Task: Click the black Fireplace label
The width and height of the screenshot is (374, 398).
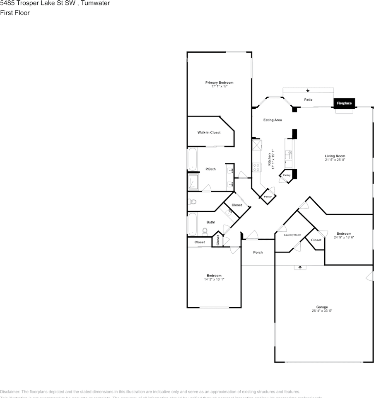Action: click(x=344, y=103)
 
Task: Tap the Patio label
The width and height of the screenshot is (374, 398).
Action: click(x=308, y=99)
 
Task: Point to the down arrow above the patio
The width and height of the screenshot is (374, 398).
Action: click(x=308, y=90)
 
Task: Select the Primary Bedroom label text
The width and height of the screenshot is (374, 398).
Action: click(x=219, y=83)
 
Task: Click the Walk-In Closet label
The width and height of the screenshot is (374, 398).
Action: click(x=209, y=132)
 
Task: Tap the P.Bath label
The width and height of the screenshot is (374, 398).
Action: click(x=210, y=169)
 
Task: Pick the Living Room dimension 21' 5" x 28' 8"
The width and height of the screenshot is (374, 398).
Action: click(x=335, y=160)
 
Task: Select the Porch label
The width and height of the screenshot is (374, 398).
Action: click(x=258, y=252)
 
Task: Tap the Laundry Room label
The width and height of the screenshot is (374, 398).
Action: click(x=292, y=235)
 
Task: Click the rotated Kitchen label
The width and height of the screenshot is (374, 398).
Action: click(x=269, y=160)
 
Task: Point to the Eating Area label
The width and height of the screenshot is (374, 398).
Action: click(x=273, y=120)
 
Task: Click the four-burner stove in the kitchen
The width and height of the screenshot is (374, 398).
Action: click(x=256, y=167)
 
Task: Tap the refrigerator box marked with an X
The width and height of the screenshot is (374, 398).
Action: click(x=257, y=145)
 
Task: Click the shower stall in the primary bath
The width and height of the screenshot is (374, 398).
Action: click(x=193, y=182)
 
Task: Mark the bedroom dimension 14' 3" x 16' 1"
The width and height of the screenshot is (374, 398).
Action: click(x=214, y=279)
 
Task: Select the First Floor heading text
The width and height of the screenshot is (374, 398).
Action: click(x=15, y=13)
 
